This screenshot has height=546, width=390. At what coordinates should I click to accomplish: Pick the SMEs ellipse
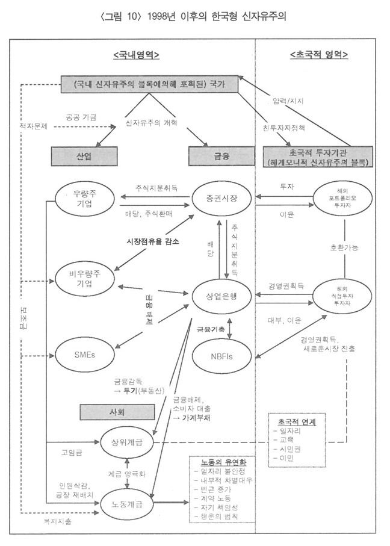coord(85,354)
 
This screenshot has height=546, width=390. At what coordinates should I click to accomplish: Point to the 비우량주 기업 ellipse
coord(84,280)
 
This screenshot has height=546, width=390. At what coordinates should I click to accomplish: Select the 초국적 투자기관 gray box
coord(319,157)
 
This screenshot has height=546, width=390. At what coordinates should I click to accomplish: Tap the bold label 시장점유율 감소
coord(147,241)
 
